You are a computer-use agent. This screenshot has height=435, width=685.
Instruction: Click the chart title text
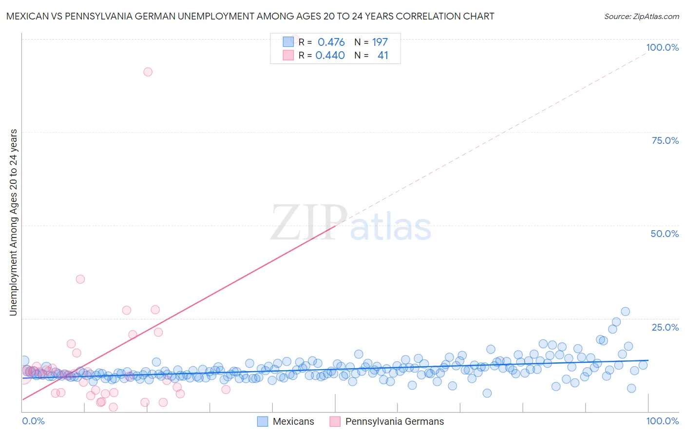pyautogui.click(x=250, y=17)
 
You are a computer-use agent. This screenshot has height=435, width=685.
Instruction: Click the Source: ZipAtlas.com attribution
pyautogui.click(x=641, y=17)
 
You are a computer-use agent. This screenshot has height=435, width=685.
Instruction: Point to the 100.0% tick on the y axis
pyautogui.click(x=662, y=47)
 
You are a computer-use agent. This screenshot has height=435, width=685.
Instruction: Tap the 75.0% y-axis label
pyautogui.click(x=665, y=140)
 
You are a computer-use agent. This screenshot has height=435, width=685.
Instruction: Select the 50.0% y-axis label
pyautogui.click(x=665, y=234)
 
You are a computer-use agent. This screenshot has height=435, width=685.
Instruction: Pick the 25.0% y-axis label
pyautogui.click(x=665, y=327)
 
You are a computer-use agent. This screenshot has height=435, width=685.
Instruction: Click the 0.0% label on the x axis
pyautogui.click(x=33, y=421)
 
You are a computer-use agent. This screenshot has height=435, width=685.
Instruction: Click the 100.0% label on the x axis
pyautogui.click(x=662, y=421)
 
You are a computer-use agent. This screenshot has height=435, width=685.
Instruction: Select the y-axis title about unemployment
pyautogui.click(x=13, y=222)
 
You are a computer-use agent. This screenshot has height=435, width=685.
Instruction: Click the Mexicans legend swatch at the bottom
pyautogui.click(x=263, y=421)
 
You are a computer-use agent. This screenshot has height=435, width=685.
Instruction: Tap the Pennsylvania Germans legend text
pyautogui.click(x=395, y=421)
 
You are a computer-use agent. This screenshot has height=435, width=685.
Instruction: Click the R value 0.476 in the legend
pyautogui.click(x=331, y=42)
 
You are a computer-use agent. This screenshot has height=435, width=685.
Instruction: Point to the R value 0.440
pyautogui.click(x=330, y=56)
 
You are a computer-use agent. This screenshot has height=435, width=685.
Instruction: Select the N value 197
pyautogui.click(x=380, y=42)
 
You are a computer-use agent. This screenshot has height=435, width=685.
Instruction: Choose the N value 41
pyautogui.click(x=383, y=56)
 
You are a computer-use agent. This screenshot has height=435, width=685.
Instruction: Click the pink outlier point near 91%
pyautogui.click(x=148, y=72)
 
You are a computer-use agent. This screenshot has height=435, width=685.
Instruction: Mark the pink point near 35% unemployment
pyautogui.click(x=80, y=279)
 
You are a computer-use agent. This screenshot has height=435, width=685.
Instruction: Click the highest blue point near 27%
pyautogui.click(x=625, y=311)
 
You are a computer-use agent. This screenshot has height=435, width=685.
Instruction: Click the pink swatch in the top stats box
pyautogui.click(x=288, y=56)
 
